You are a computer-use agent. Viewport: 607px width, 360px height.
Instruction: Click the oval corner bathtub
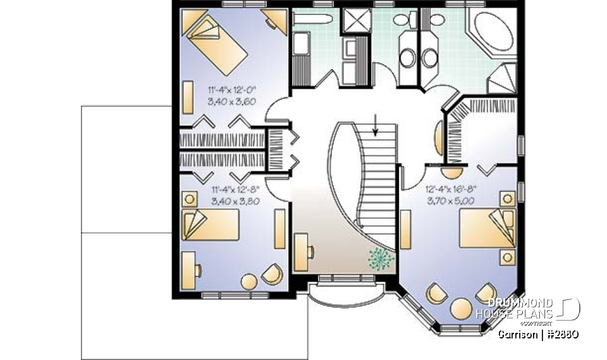[x=493, y=29]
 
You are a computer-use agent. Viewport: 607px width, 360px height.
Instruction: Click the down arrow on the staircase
[x=377, y=125]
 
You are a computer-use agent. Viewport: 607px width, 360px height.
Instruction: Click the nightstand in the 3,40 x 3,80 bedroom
[x=189, y=199]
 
